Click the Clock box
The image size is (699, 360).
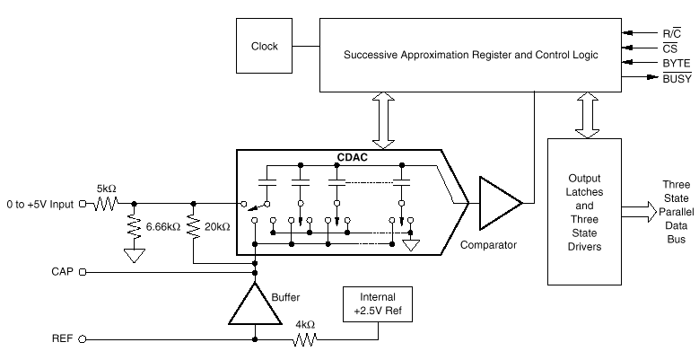point(264,46)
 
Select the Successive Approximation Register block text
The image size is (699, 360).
point(469,56)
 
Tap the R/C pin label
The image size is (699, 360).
point(672,31)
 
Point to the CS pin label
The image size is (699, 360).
point(672,48)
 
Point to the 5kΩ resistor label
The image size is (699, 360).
point(107,189)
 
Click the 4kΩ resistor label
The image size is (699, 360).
point(305,325)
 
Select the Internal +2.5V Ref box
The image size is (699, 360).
point(378,303)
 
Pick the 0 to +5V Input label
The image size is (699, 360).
point(37,204)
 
